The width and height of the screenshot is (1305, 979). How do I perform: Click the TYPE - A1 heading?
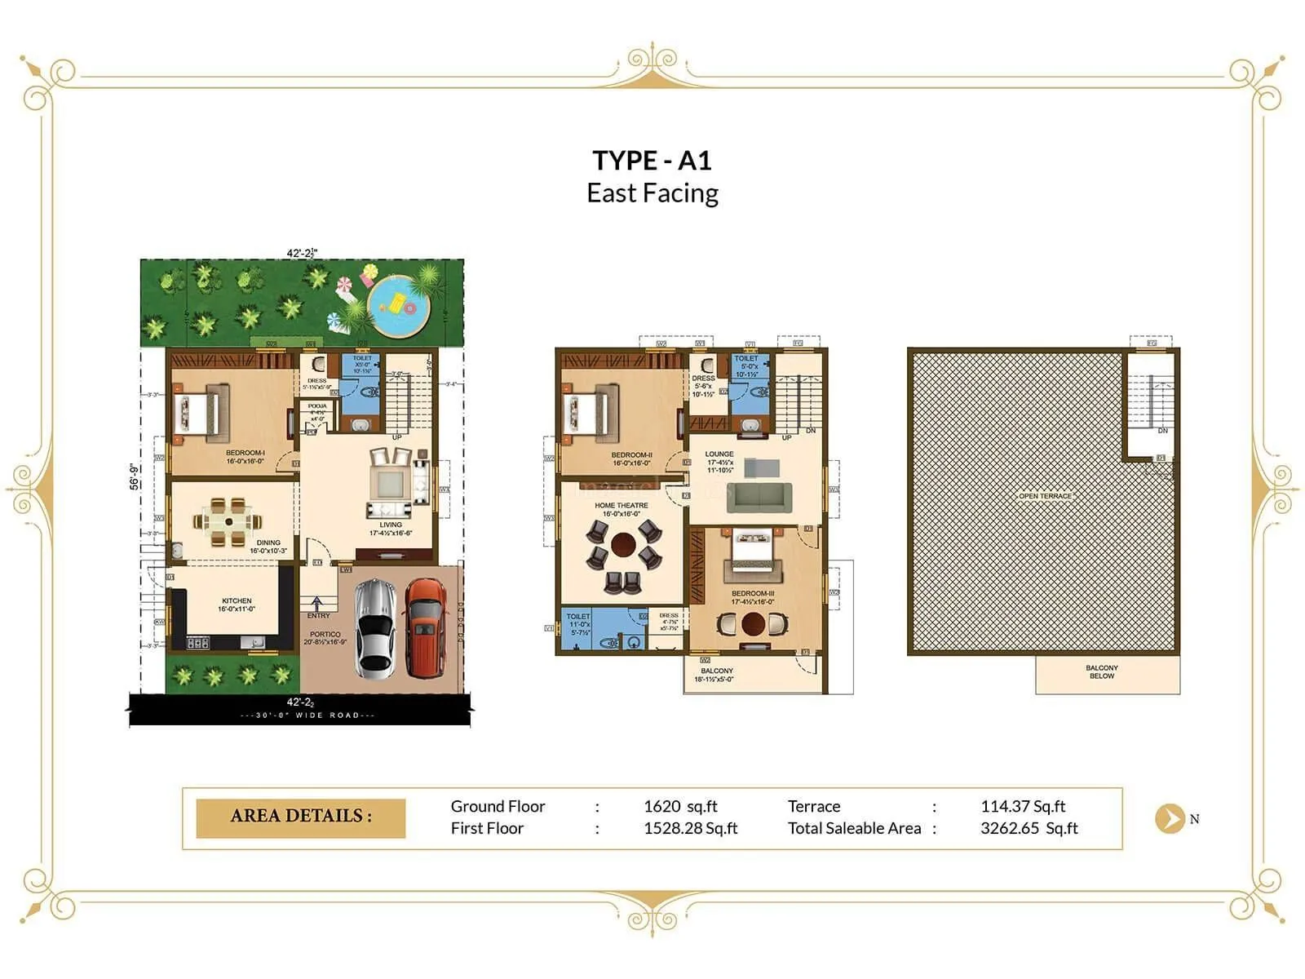652,160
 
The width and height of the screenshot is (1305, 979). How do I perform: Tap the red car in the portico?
424,627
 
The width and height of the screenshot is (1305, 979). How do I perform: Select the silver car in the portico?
375,627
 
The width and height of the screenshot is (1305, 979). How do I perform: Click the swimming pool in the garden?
398,307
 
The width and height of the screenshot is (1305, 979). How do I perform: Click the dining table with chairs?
228,522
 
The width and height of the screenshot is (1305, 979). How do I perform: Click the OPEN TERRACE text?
1045,496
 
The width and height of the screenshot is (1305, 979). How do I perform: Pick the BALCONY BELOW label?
1102,671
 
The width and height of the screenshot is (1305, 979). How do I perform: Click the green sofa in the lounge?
759,497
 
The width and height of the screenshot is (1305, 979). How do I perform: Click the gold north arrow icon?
1170,818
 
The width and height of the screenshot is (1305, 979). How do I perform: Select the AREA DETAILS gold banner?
301,817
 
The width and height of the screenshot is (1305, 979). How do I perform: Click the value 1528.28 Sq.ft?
690,828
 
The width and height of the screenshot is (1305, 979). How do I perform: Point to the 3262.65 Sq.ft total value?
1029,828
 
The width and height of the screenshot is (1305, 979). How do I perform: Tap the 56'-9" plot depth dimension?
135,476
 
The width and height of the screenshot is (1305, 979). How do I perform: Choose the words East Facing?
652,193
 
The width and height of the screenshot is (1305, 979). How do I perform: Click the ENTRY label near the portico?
318,615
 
